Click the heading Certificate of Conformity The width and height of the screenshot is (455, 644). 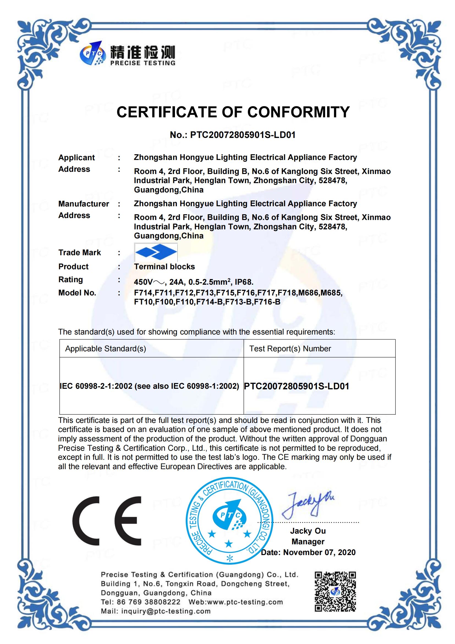coord(233,112)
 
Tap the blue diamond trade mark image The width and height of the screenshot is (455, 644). coord(156,252)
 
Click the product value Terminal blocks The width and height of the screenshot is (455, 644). coord(164,267)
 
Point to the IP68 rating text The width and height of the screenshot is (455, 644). coord(244,282)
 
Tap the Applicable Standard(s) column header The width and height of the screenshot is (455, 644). coord(105,349)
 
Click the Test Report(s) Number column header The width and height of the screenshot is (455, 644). coord(290,349)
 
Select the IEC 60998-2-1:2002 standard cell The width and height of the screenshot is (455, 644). coord(149,386)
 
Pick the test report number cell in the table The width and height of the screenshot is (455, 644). coord(297,386)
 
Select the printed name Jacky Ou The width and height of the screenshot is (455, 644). coord(308,531)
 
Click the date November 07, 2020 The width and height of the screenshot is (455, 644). coord(319,552)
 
